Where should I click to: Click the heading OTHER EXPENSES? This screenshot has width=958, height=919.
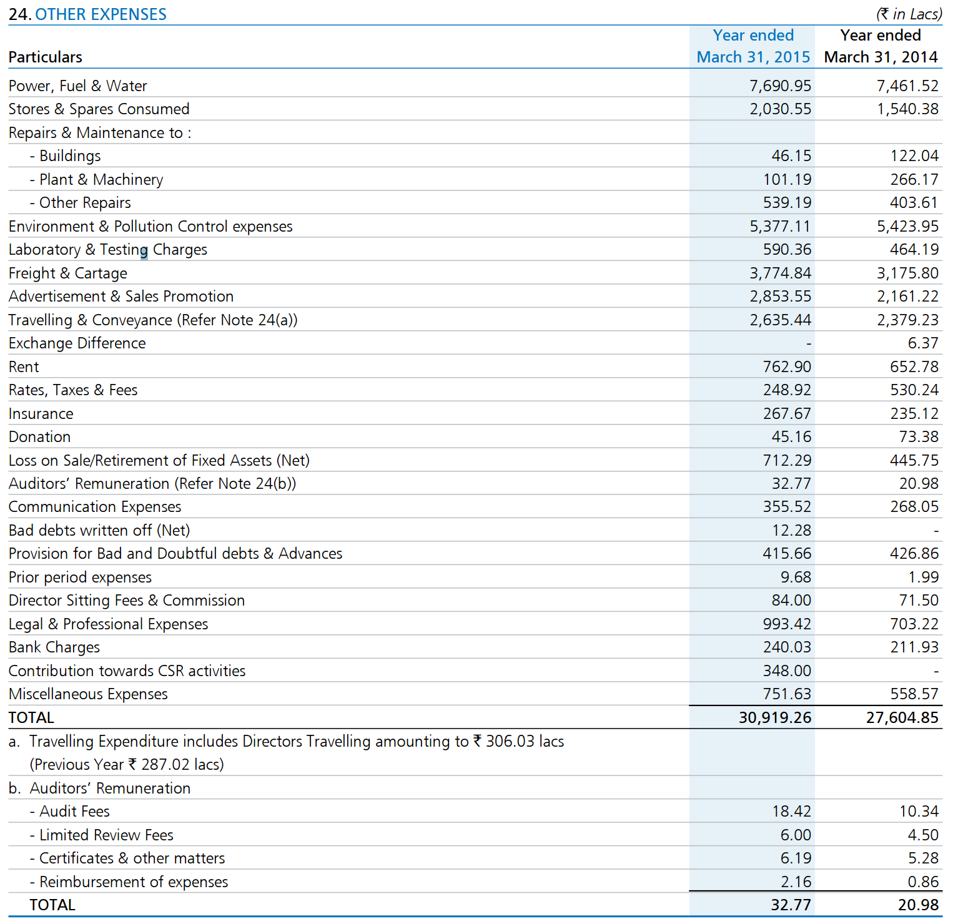[101, 14]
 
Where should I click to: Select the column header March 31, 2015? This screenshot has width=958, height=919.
[753, 57]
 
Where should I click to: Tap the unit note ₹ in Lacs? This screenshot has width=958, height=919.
[909, 14]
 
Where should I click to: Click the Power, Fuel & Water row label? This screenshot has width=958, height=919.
[78, 86]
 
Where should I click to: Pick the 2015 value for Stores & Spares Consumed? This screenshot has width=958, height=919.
[781, 109]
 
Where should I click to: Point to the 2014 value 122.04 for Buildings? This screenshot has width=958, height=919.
[914, 156]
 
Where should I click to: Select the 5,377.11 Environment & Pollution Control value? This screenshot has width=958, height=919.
[781, 226]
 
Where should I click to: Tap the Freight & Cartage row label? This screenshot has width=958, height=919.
[68, 273]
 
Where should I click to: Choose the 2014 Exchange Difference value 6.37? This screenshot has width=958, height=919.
[923, 343]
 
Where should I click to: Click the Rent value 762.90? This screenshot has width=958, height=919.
[787, 366]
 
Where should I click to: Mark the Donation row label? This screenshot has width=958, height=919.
[40, 437]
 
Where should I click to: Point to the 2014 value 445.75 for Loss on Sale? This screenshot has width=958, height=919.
[914, 460]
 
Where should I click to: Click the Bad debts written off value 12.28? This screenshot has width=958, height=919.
[792, 530]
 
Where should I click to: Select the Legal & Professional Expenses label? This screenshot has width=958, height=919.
[109, 624]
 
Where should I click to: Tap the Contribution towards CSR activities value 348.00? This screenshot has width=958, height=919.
[787, 671]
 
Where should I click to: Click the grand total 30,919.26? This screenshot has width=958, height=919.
[775, 717]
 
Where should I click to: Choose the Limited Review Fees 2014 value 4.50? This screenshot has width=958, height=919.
[923, 835]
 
